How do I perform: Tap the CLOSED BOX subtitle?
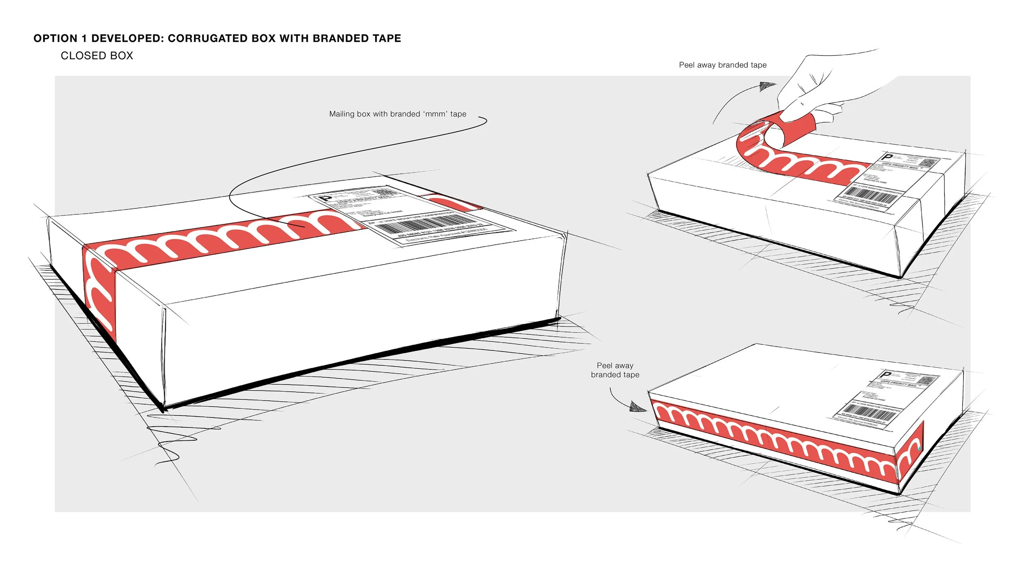click(97, 56)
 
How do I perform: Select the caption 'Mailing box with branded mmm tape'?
click(397, 114)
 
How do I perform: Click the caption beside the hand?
click(722, 65)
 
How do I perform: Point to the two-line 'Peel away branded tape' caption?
click(615, 370)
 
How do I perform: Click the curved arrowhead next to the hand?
click(767, 86)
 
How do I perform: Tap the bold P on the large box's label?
click(326, 198)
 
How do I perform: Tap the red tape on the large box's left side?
click(99, 290)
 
